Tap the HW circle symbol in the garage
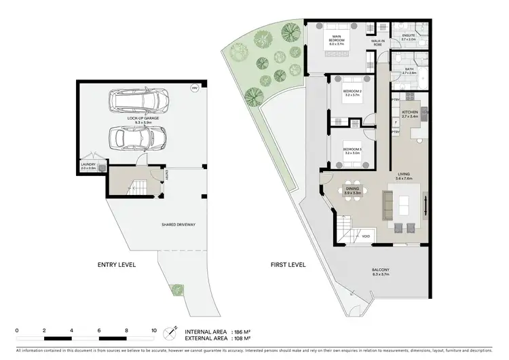[194, 88]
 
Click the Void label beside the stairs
[366, 236]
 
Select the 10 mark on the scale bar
[154, 330]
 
